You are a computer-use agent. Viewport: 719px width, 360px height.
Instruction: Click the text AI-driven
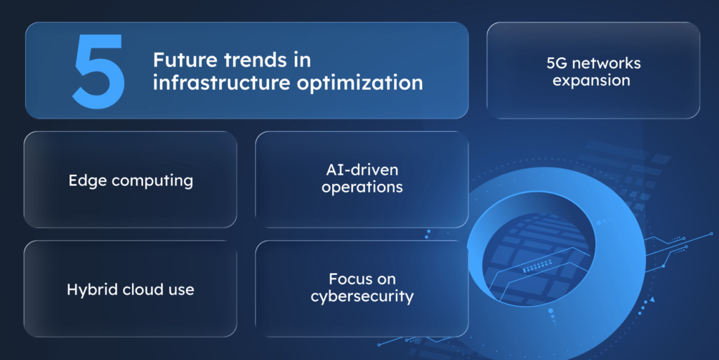point(362,171)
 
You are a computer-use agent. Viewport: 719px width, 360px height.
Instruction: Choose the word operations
point(362,188)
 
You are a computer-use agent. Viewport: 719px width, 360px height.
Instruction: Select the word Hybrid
point(91,289)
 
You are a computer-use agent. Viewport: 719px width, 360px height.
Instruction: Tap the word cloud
point(144,289)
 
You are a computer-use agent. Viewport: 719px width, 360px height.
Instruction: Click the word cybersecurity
point(362,297)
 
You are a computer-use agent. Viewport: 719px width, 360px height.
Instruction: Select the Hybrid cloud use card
point(131,316)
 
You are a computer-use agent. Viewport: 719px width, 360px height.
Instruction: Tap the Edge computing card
point(131,207)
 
